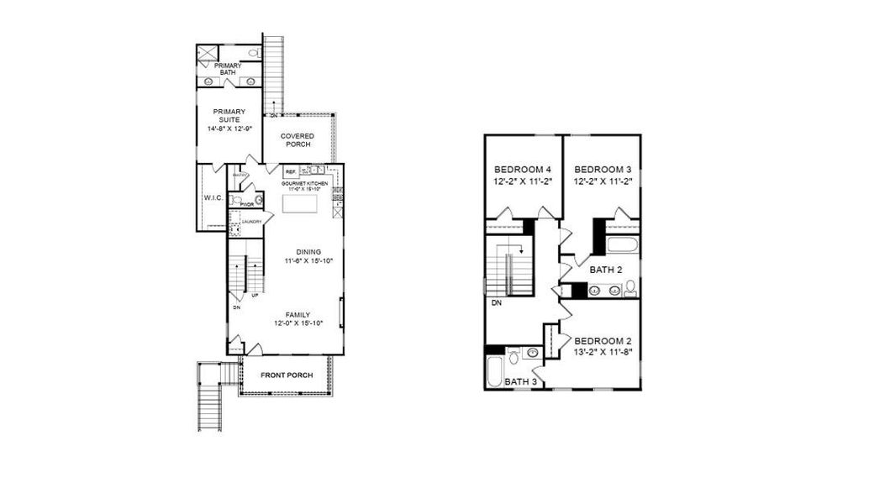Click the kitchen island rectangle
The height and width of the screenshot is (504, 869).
(299, 202)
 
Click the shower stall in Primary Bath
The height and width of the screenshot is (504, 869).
(206, 53)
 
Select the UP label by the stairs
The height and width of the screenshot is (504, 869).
(255, 296)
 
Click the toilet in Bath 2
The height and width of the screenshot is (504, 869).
(629, 289)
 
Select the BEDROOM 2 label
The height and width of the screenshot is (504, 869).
(602, 340)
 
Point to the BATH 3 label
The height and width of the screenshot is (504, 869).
(521, 382)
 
